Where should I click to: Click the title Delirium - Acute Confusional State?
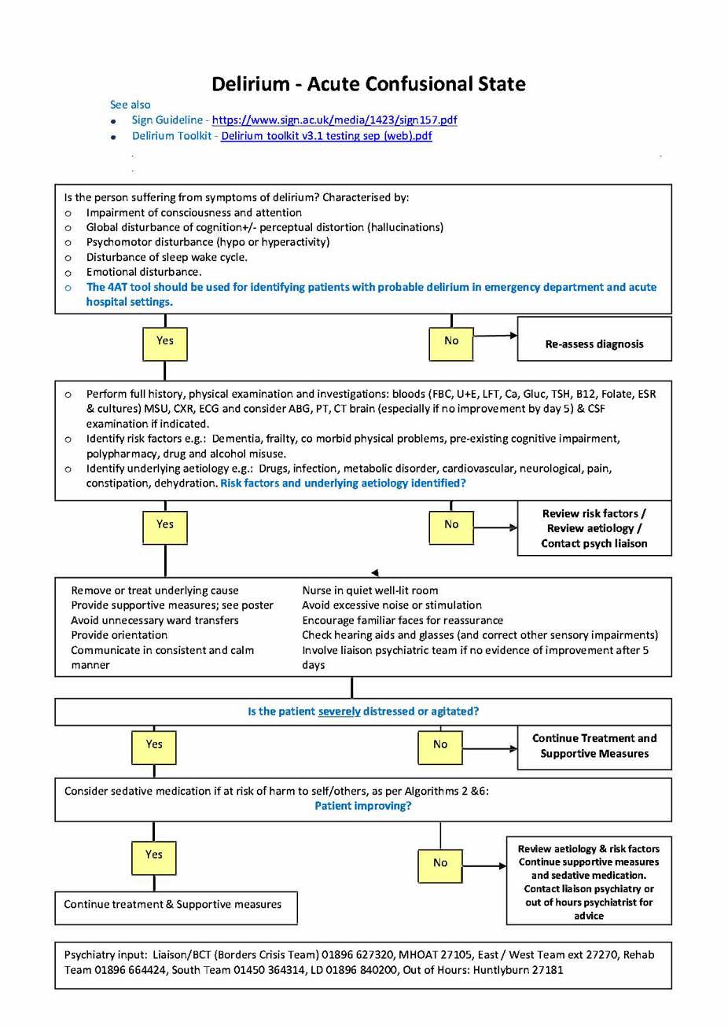pos(368,84)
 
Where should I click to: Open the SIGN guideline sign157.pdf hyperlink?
pos(334,120)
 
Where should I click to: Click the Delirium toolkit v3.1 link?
pos(326,136)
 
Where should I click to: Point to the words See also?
pos(130,105)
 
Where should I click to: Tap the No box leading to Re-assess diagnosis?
pos(450,342)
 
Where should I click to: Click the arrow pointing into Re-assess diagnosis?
pos(495,336)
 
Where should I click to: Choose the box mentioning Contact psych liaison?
pos(594,528)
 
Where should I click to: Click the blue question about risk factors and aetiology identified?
pos(343,483)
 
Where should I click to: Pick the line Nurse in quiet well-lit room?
pos(370,590)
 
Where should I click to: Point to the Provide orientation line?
pos(119,635)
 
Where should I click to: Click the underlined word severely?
pos(339,711)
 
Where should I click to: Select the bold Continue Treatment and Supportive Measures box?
pos(594,746)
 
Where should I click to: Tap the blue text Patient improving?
pos(362,806)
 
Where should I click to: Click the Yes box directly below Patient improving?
pos(153,856)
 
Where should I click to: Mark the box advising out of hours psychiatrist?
pos(588,881)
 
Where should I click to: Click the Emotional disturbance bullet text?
pos(144,272)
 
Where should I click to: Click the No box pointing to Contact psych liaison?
pos(450,526)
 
